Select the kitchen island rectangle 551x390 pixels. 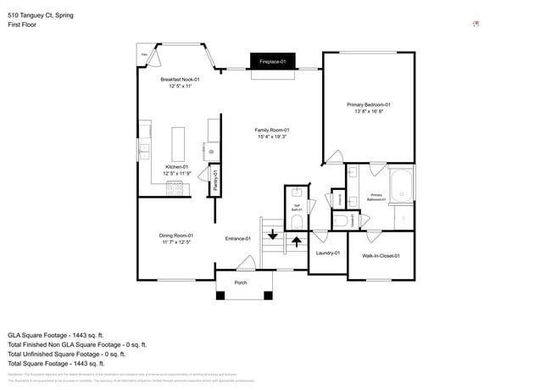(x=179, y=143)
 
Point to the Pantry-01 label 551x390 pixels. (x=216, y=181)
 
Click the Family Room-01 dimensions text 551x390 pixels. (x=272, y=136)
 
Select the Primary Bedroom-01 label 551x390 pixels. (x=368, y=104)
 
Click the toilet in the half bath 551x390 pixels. (x=295, y=221)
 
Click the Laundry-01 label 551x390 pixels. (x=326, y=253)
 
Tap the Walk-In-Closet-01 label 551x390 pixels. (x=381, y=255)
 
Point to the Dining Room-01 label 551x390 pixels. (x=176, y=235)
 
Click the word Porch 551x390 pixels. (x=241, y=282)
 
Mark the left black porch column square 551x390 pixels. (x=220, y=296)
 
